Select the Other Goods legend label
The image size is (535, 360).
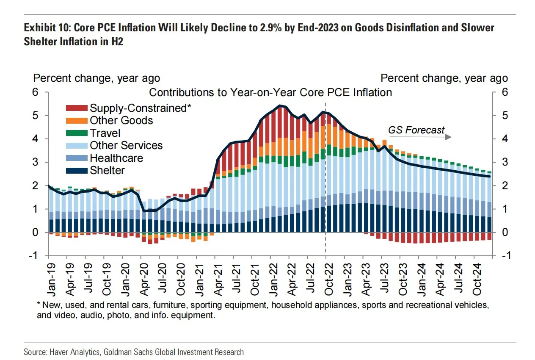tap(121, 120)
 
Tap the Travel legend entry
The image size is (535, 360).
tap(105, 133)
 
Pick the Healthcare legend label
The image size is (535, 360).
tap(116, 158)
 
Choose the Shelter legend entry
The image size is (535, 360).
tap(107, 171)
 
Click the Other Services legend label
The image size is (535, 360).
tap(126, 146)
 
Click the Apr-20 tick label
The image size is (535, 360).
tap(144, 277)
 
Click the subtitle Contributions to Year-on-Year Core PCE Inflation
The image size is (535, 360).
tap(270, 92)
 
